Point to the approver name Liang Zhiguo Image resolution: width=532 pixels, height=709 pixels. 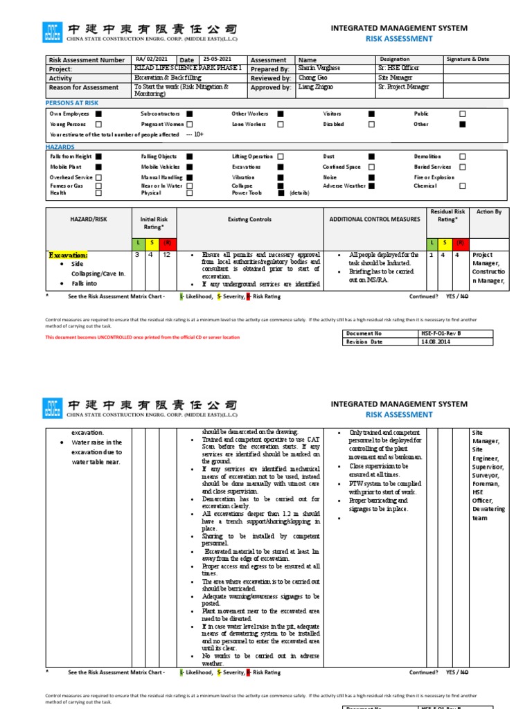[x=315, y=87]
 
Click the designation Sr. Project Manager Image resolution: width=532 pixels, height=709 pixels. [x=403, y=87]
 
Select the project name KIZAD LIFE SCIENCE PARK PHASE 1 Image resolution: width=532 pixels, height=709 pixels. [x=188, y=69]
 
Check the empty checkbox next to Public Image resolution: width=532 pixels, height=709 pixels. [x=463, y=114]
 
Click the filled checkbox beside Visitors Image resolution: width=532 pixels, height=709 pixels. [x=371, y=114]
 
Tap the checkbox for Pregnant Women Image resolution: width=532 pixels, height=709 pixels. [x=189, y=124]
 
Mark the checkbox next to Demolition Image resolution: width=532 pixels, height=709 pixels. [x=463, y=157]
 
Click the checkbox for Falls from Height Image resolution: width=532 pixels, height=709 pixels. [x=98, y=157]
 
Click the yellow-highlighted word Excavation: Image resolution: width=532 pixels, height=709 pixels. [x=68, y=255]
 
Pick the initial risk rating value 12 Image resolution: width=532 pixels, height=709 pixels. [x=167, y=255]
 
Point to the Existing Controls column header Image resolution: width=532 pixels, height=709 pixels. [x=250, y=219]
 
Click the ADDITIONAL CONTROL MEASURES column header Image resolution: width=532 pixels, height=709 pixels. [x=375, y=219]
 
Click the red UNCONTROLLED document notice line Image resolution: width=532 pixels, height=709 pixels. [x=142, y=337]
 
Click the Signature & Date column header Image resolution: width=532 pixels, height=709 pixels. [x=468, y=60]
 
